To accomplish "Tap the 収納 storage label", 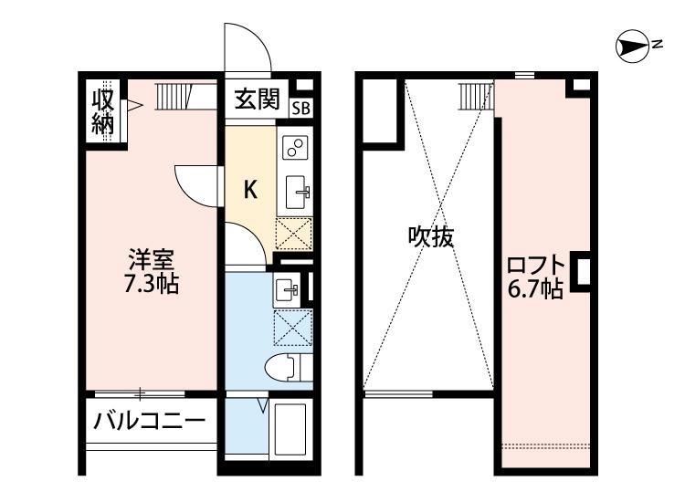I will (x=102, y=110).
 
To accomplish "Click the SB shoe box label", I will (x=300, y=106).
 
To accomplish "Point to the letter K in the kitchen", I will (x=248, y=190).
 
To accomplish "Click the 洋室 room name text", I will (x=151, y=258).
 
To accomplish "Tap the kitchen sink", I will (x=298, y=192).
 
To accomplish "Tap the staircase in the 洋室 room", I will (x=172, y=95).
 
